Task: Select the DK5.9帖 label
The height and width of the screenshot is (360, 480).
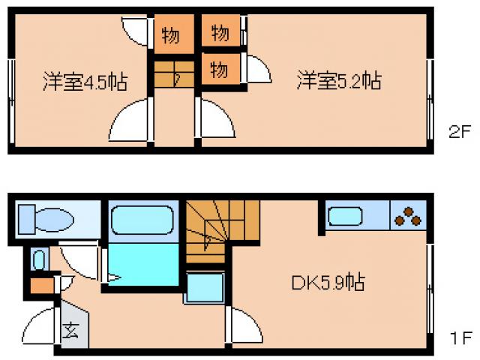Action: [x=328, y=283]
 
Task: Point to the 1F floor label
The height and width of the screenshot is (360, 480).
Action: [x=460, y=339]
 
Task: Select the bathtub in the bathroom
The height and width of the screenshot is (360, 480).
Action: [x=142, y=221]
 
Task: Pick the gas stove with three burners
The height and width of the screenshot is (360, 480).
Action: [x=409, y=216]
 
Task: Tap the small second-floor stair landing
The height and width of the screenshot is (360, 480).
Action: [x=174, y=75]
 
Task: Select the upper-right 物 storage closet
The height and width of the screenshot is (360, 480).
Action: [x=220, y=33]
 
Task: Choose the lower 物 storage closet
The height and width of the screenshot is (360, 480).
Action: [x=220, y=70]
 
